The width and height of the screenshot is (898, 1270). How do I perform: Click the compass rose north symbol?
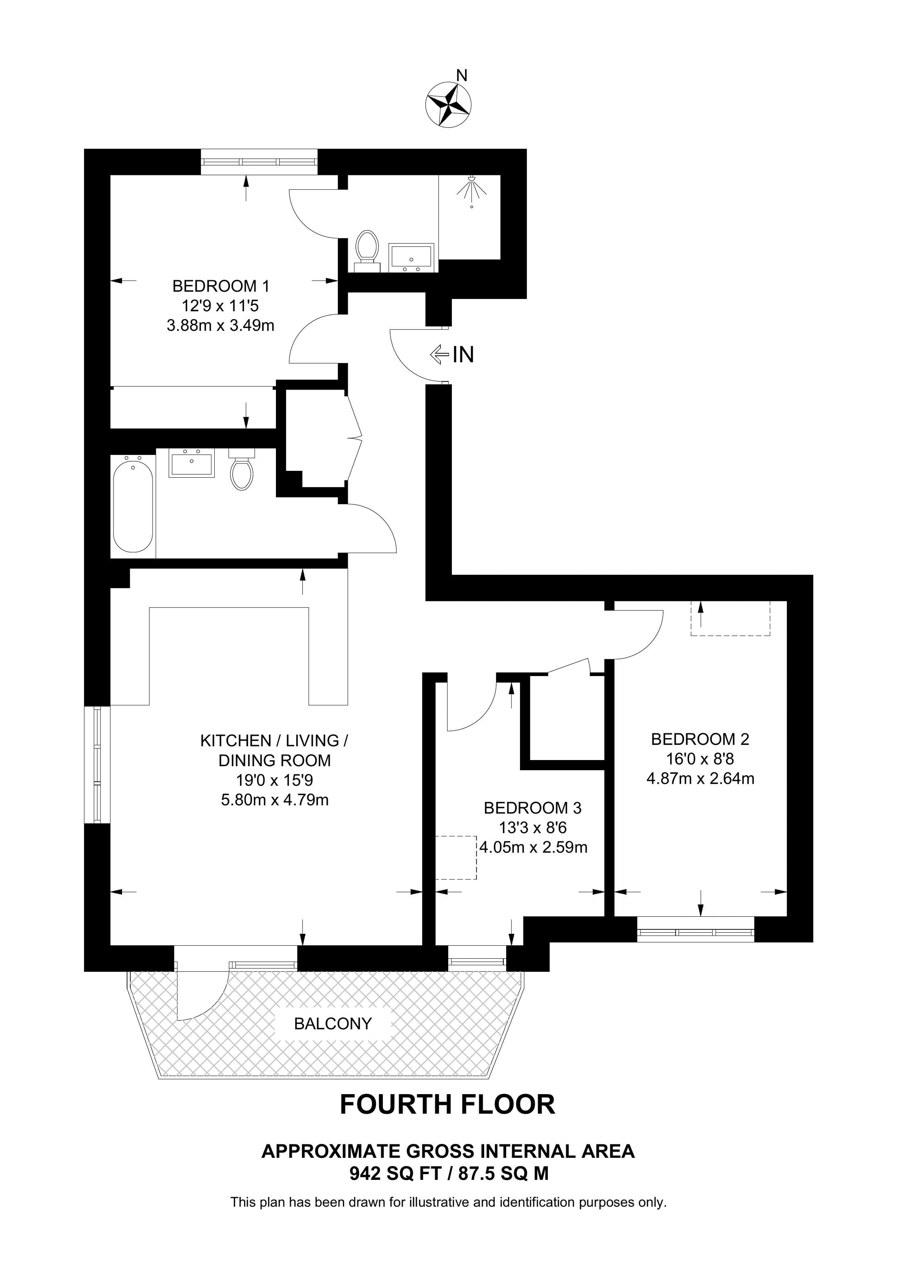[x=448, y=103]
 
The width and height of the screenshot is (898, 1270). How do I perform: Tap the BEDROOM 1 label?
[x=221, y=286]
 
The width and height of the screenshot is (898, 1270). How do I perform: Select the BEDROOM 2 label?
[x=700, y=738]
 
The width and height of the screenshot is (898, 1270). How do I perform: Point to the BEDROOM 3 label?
[x=532, y=808]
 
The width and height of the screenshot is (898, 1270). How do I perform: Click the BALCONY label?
[x=333, y=1024]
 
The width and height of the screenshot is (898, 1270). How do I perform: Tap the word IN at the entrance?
[x=463, y=355]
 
